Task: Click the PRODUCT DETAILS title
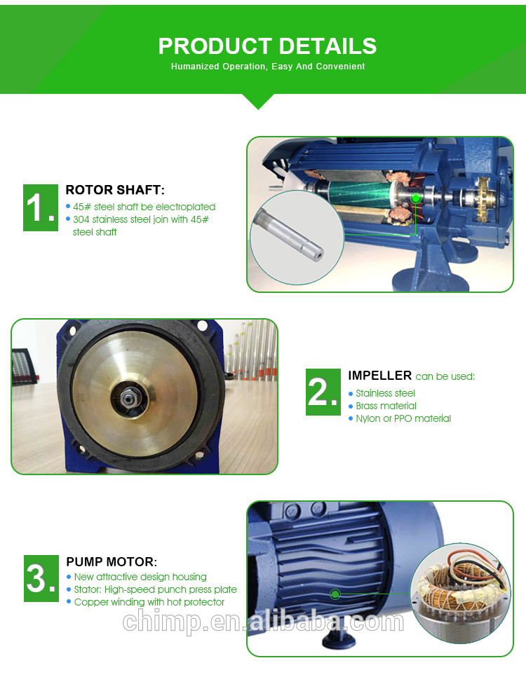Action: coord(267,46)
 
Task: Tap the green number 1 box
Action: coord(41,207)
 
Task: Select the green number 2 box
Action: coord(323,392)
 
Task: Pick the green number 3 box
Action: coord(41,578)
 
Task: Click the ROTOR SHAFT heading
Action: coord(115,190)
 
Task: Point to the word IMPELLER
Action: coord(379,376)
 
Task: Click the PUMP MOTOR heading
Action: coord(112,562)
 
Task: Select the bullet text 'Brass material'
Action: coord(386,406)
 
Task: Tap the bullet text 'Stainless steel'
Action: coord(385,394)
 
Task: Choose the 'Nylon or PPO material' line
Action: coord(403,418)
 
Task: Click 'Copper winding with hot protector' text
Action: coord(149,602)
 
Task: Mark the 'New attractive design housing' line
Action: coord(140,577)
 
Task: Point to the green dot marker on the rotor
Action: coord(416,198)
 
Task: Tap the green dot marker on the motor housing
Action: coord(335,594)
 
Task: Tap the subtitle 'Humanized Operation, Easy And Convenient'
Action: coord(268,67)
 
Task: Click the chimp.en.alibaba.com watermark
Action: coord(263,622)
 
